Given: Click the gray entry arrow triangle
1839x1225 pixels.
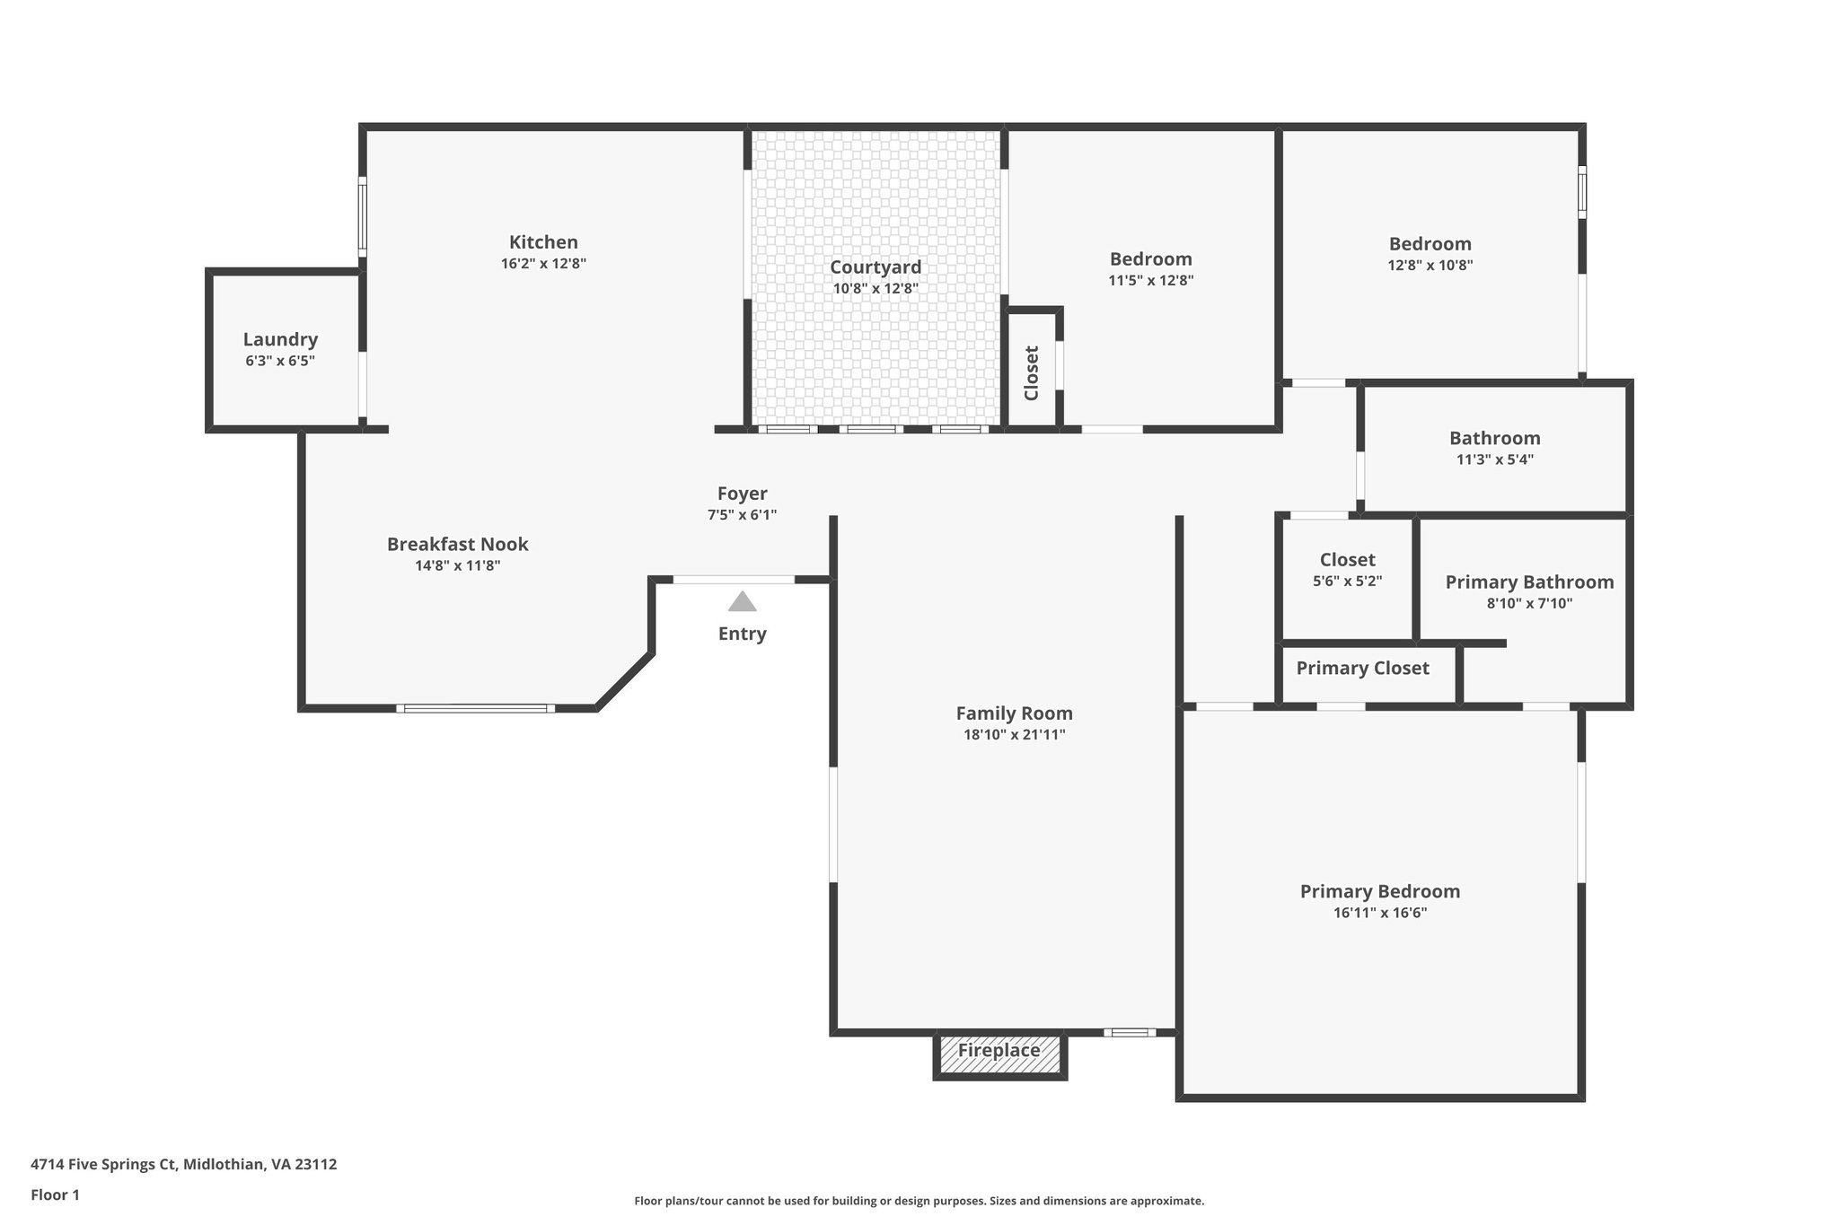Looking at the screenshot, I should click(x=742, y=602).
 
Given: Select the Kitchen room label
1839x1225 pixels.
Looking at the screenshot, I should click(x=543, y=242).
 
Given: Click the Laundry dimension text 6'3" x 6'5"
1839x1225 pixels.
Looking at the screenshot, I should click(x=280, y=362).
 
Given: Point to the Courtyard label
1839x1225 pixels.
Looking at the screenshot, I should click(x=876, y=267).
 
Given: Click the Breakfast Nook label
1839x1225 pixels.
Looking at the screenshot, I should click(x=457, y=544).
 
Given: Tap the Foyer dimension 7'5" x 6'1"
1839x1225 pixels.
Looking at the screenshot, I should click(x=742, y=515).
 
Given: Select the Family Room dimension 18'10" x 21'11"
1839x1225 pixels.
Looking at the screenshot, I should click(x=1014, y=735).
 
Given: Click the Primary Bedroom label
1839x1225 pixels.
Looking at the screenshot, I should click(x=1379, y=891).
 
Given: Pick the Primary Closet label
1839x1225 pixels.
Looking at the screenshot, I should click(x=1361, y=668).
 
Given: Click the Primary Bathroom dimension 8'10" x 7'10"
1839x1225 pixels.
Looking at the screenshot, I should click(x=1529, y=604).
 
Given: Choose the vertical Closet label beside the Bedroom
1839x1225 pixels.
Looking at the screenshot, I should click(x=1032, y=373).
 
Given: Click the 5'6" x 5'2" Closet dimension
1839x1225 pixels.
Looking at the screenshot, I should click(x=1347, y=582).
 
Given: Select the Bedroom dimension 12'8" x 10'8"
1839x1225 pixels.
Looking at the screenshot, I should click(x=1430, y=266).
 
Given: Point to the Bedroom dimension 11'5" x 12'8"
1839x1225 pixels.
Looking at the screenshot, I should click(x=1150, y=281).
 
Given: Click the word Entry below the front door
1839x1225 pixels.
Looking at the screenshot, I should click(x=742, y=634).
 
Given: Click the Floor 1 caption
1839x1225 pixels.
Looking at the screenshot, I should click(x=55, y=1194).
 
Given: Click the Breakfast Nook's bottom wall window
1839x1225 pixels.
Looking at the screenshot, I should click(x=475, y=709).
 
